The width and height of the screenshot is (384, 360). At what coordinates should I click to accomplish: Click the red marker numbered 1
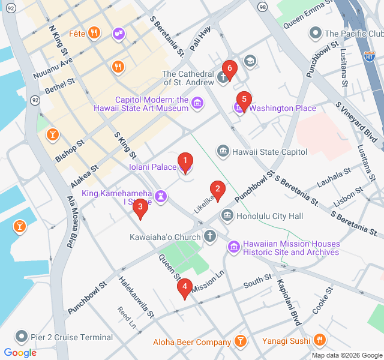[185, 161]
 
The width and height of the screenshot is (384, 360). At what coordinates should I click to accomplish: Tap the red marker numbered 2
[217, 189]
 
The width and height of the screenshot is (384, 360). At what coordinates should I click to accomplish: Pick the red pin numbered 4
[185, 288]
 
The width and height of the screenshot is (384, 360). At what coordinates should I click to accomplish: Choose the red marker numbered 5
[243, 100]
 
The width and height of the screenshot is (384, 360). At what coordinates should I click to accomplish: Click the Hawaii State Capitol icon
[223, 151]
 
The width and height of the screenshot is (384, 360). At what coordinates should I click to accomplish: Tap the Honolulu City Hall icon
[227, 215]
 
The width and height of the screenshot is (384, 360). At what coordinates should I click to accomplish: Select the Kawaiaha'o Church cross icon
[210, 236]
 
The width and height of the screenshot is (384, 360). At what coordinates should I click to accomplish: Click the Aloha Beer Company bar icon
[240, 341]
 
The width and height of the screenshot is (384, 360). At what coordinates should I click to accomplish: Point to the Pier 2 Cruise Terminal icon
[22, 337]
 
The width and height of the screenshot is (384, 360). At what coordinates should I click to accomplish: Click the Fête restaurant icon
[94, 33]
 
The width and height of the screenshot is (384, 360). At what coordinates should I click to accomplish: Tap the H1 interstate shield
[370, 56]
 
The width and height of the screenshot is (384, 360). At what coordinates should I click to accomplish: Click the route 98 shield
[263, 6]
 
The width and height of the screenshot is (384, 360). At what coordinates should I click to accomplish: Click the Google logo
[20, 353]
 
